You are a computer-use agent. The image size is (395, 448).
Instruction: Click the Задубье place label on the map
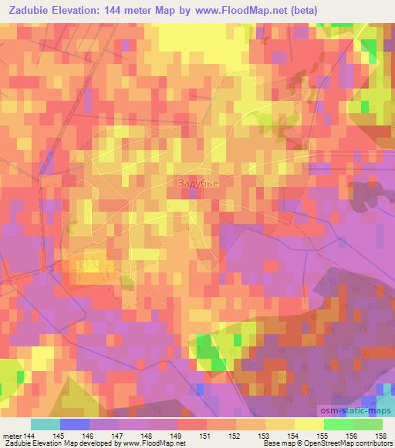(198, 183)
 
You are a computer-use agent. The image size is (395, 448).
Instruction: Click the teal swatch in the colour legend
(46, 424)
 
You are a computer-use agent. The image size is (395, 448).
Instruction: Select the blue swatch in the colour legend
(75, 424)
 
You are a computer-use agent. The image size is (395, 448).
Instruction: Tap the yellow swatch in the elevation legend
(309, 424)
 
